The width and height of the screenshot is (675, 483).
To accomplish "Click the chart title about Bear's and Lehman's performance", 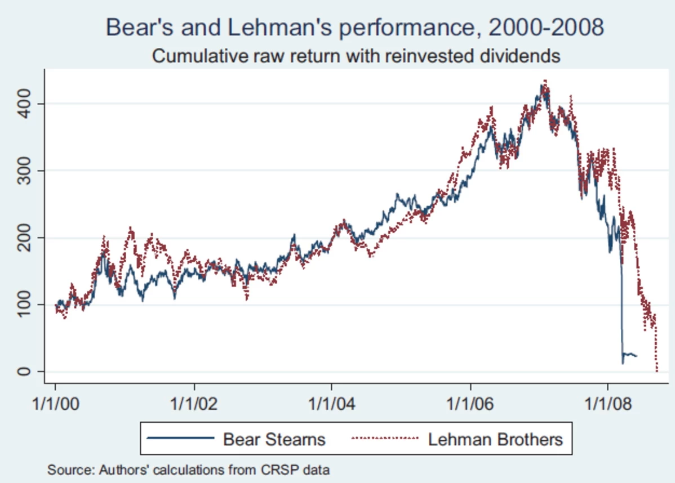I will click(x=355, y=28).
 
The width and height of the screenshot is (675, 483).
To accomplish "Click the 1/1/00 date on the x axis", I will click(x=55, y=404).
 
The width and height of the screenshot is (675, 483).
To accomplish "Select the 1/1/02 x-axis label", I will click(x=194, y=404).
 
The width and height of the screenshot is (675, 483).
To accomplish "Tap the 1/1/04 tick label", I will click(x=331, y=404).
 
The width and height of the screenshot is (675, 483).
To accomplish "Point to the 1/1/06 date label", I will click(x=470, y=404).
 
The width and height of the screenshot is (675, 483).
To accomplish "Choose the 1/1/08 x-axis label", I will click(x=607, y=404).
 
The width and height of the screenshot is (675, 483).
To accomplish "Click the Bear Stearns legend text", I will click(x=274, y=439).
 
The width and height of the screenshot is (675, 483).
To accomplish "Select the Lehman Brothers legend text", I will click(x=495, y=439).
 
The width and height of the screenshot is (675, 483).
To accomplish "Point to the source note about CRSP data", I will click(x=189, y=469).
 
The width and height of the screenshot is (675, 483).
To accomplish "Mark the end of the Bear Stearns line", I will click(x=637, y=356).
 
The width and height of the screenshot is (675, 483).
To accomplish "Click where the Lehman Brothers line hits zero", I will click(x=657, y=370).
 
